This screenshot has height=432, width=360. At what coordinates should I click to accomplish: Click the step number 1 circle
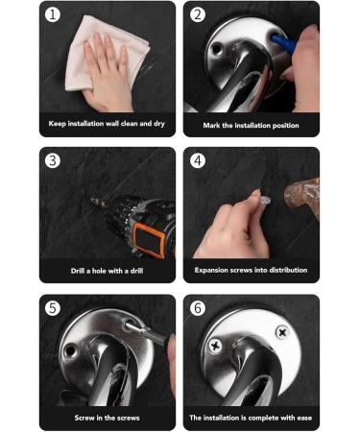coord(53,14)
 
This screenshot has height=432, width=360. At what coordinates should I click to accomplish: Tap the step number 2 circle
coord(198,14)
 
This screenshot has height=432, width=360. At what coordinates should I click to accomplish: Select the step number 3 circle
coord(53,160)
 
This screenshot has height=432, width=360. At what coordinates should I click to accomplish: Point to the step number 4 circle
coord(198,160)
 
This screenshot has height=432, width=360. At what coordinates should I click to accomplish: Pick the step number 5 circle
coord(53,307)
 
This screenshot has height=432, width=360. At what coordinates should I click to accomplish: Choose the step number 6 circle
coord(198,307)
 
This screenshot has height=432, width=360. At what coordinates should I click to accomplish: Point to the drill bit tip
coord(94,201)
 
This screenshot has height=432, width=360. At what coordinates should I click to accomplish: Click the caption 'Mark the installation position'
coord(251,125)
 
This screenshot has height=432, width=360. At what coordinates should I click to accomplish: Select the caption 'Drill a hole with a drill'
coord(107,271)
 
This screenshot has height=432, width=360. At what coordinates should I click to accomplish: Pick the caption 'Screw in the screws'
coord(107,418)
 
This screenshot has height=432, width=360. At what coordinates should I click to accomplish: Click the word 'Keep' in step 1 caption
coord(59,124)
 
